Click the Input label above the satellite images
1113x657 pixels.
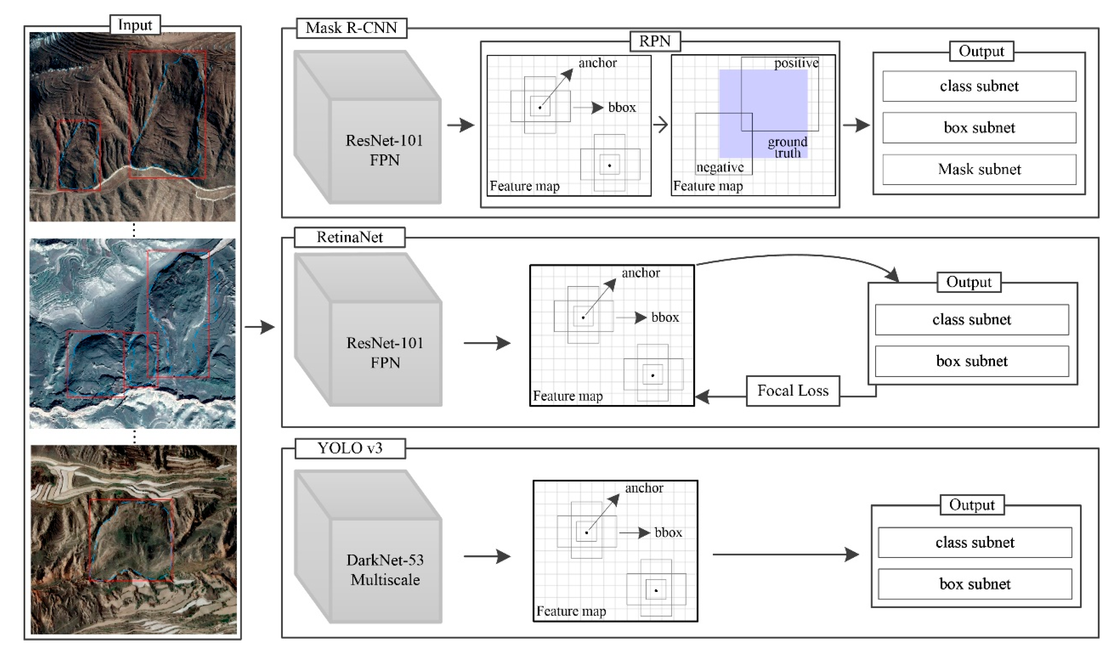pyautogui.click(x=135, y=25)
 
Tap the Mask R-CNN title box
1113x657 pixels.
pyautogui.click(x=351, y=28)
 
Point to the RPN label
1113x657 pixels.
pyautogui.click(x=655, y=41)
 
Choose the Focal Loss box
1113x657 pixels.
pyautogui.click(x=792, y=390)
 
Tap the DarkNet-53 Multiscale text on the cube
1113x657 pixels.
pyautogui.click(x=385, y=570)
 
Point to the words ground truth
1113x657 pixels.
pyautogui.click(x=787, y=147)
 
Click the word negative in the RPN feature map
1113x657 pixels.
pyautogui.click(x=720, y=167)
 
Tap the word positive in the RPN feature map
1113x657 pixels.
pyautogui.click(x=796, y=63)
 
